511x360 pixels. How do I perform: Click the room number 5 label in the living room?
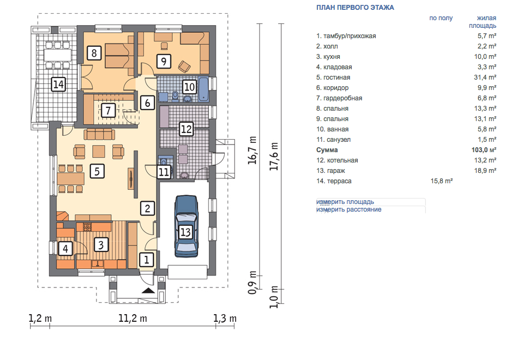tap(97, 171)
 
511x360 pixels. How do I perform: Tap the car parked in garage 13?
tap(186, 226)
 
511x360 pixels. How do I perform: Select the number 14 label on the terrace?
tap(59, 85)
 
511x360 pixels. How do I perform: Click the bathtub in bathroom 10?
tap(203, 89)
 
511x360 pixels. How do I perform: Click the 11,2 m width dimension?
tap(133, 318)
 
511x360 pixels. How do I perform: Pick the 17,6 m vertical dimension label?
tap(274, 156)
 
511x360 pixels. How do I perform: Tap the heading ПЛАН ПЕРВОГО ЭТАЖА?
tap(355, 8)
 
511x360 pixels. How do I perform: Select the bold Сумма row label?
tap(327, 150)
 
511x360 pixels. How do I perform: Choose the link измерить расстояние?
tap(348, 209)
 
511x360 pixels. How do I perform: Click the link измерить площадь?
tap(345, 202)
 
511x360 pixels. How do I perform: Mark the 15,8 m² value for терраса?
tap(442, 181)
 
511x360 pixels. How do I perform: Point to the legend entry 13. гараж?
tap(330, 171)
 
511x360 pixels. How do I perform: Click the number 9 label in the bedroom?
tap(164, 61)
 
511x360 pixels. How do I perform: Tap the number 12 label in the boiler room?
tap(186, 129)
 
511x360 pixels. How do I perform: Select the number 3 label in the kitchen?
tap(101, 244)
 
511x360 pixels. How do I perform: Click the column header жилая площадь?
tap(483, 21)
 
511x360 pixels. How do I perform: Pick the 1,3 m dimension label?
tap(225, 318)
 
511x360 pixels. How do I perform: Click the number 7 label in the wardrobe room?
tap(108, 110)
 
